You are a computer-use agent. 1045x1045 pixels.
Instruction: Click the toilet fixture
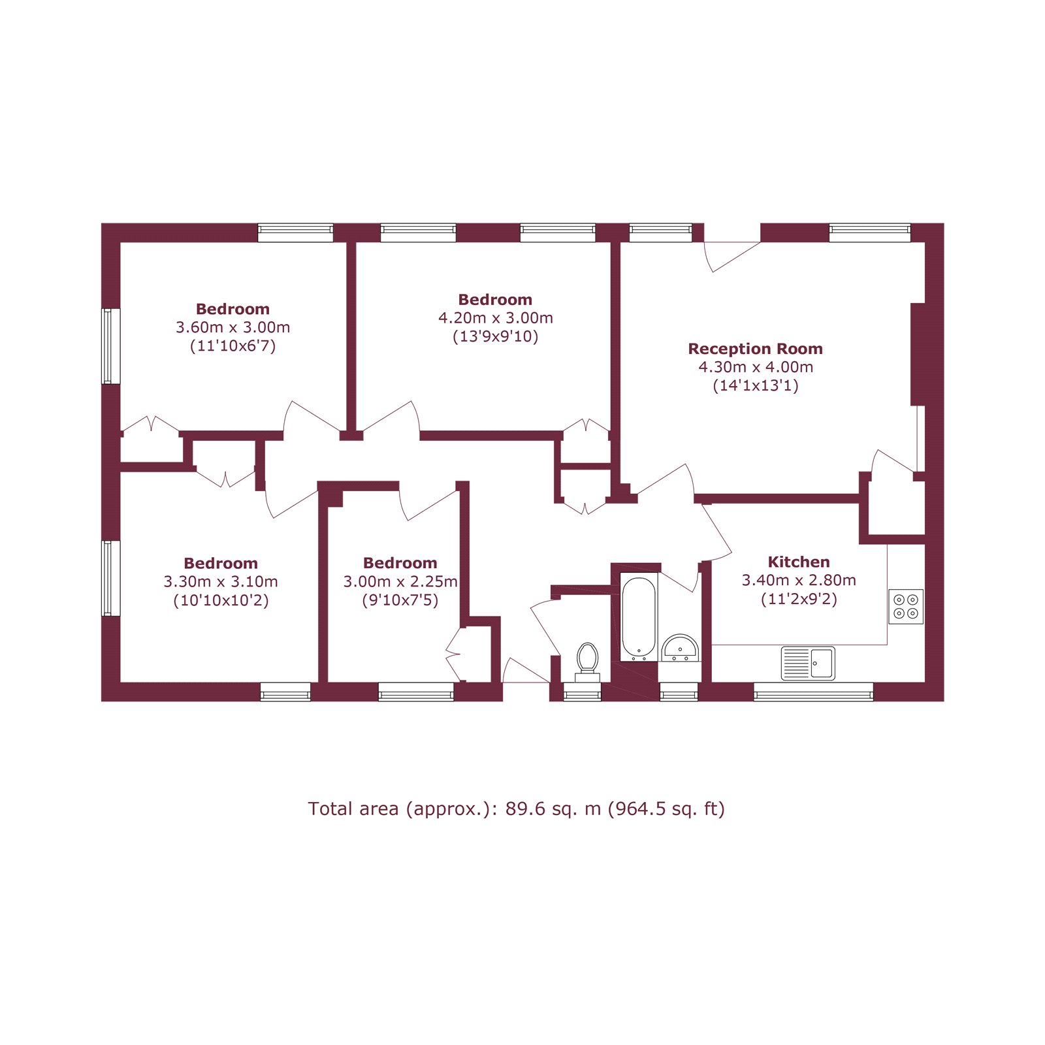click(x=587, y=660)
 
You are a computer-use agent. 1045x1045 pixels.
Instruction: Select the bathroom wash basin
click(x=680, y=649)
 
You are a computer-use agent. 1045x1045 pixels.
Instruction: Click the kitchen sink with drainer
click(x=808, y=663)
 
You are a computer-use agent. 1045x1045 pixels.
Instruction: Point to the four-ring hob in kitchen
click(x=906, y=606)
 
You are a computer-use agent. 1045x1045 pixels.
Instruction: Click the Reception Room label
click(x=755, y=349)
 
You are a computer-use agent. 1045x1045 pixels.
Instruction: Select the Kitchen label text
click(x=798, y=562)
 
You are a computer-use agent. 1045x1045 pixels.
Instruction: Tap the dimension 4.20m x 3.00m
click(x=495, y=318)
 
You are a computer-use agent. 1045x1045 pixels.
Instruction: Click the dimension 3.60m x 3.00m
click(x=233, y=327)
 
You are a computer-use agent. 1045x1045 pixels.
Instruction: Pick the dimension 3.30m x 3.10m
click(x=221, y=581)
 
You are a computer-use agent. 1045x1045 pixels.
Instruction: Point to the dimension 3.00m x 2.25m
click(x=400, y=581)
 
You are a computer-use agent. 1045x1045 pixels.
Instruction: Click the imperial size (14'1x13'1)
click(x=755, y=385)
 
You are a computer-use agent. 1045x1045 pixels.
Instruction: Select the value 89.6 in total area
click(x=524, y=809)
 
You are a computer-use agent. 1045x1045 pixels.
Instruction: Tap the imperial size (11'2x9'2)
click(x=798, y=599)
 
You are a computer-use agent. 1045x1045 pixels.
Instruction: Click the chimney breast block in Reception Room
click(x=918, y=354)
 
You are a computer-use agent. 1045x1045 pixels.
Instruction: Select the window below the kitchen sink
click(x=813, y=692)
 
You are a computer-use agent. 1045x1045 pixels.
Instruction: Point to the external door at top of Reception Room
click(x=732, y=243)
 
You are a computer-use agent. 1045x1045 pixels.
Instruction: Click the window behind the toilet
click(x=582, y=692)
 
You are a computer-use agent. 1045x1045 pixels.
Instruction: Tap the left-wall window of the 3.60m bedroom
click(x=111, y=346)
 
